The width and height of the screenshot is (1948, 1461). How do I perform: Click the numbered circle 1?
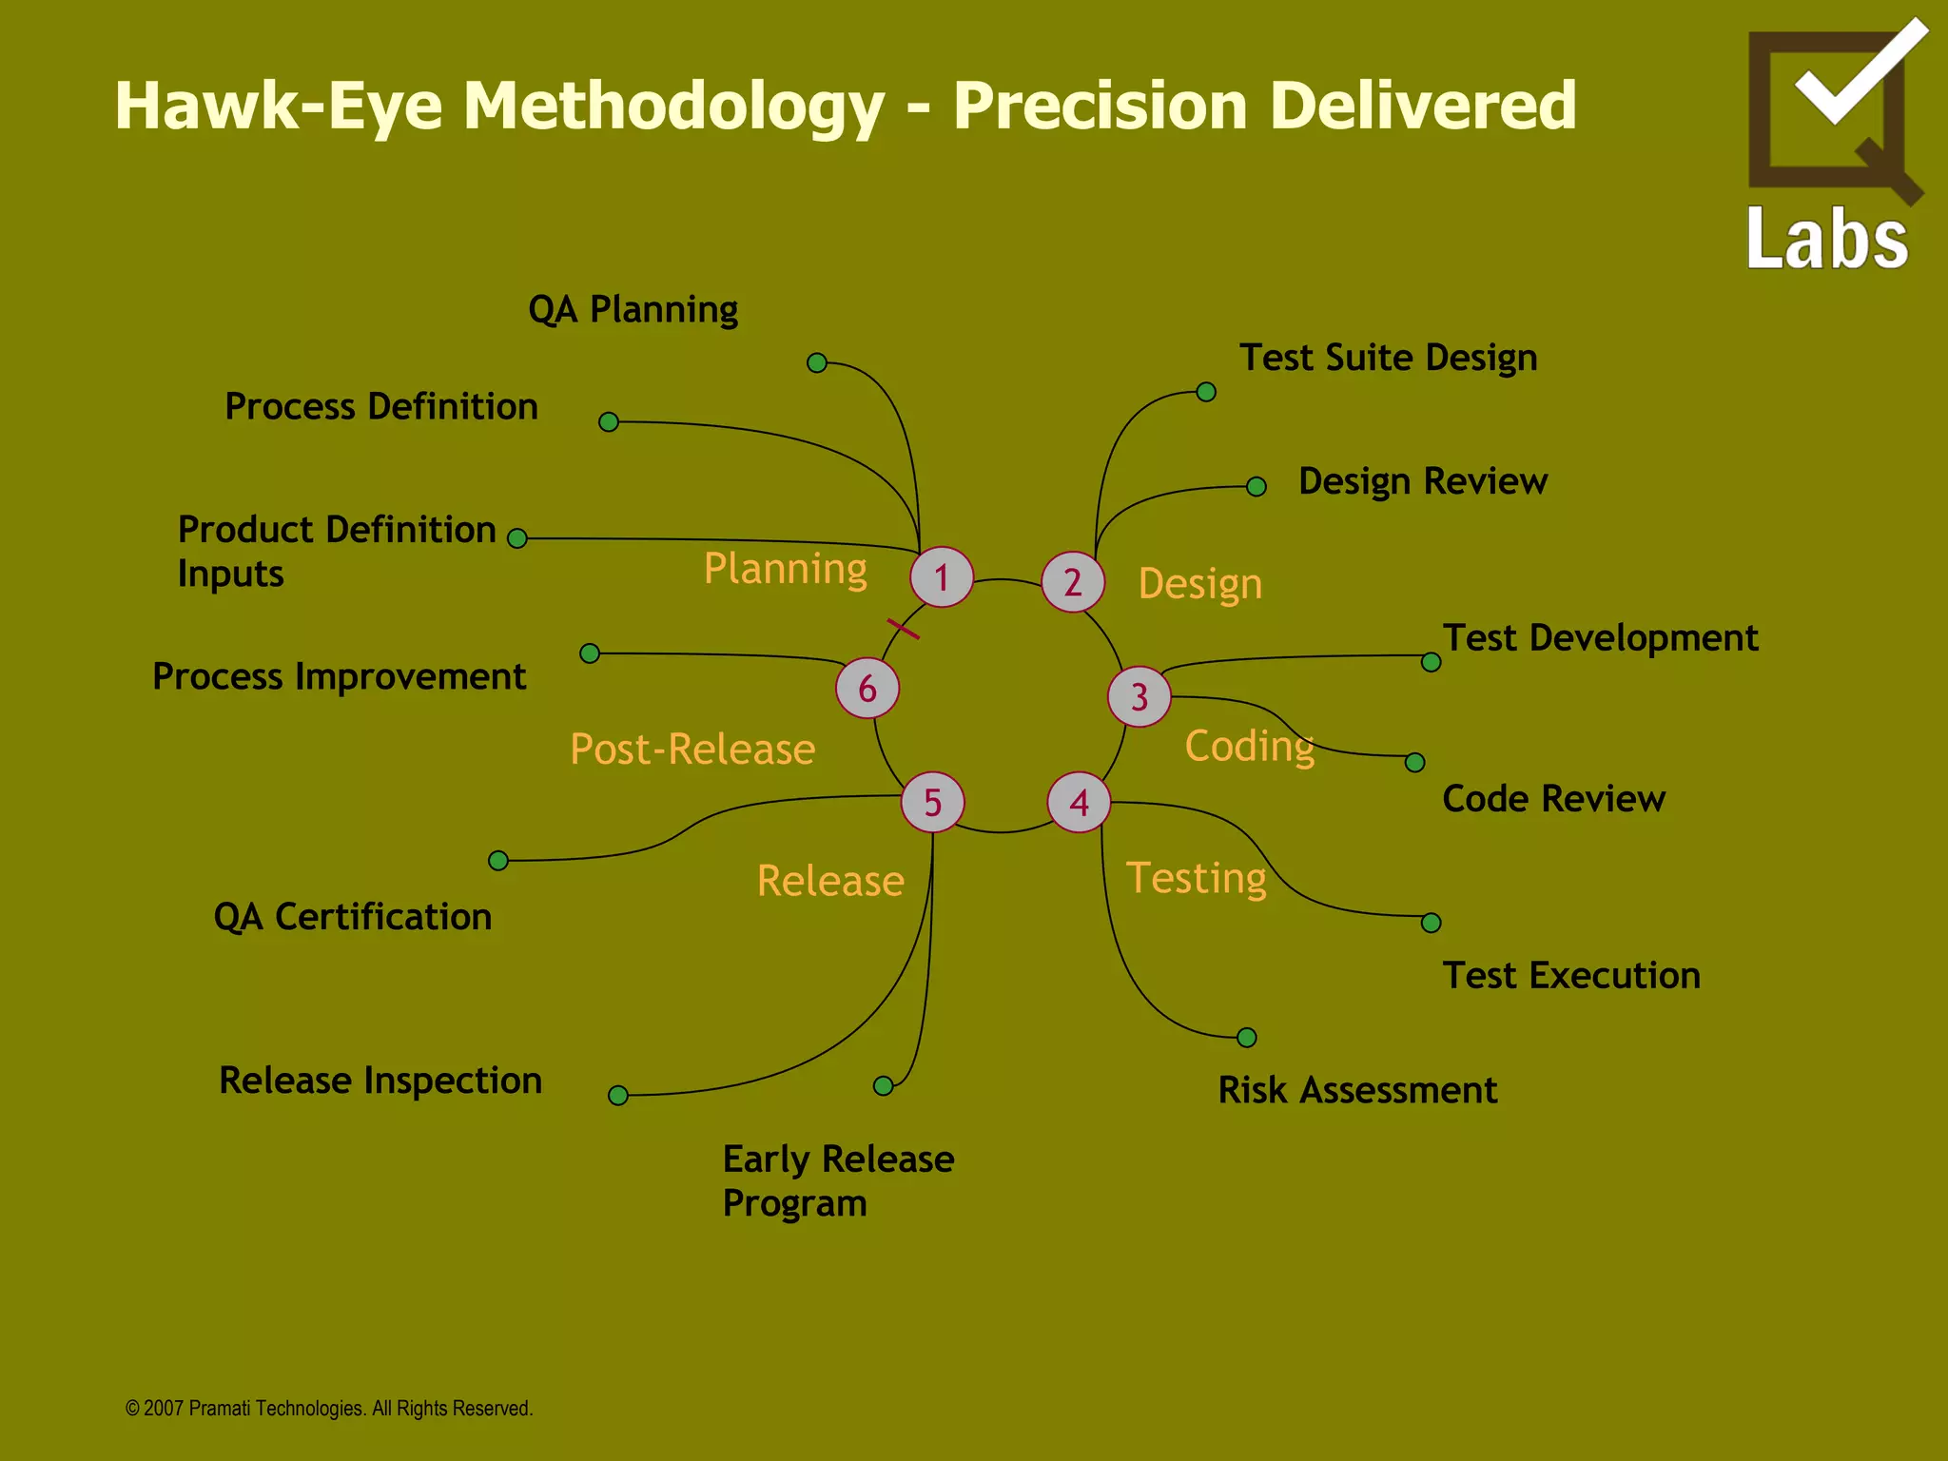(942, 577)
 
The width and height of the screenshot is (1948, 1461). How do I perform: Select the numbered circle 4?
(1079, 803)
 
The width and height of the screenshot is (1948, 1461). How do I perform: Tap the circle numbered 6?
(867, 688)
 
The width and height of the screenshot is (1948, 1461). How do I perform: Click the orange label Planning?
(785, 569)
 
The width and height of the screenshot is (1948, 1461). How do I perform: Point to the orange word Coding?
(1249, 746)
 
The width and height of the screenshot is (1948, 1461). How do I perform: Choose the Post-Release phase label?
(692, 750)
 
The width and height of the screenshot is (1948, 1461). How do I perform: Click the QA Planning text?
(633, 310)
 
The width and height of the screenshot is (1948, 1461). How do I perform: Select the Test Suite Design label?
(1388, 359)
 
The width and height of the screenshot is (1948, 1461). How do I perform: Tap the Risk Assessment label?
(1357, 1090)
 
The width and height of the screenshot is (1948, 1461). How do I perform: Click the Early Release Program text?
(837, 1180)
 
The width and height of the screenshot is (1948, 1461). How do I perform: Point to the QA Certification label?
(353, 917)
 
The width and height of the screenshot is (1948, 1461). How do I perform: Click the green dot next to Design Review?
(1256, 487)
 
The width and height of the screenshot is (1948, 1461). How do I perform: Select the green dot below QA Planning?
(817, 362)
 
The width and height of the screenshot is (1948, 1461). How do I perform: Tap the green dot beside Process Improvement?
(590, 653)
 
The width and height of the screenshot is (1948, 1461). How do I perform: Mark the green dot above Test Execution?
(1431, 923)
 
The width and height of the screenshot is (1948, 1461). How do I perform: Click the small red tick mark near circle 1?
(903, 629)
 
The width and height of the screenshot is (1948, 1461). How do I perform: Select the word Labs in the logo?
(1827, 239)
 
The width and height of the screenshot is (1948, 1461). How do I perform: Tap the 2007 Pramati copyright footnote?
(329, 1409)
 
